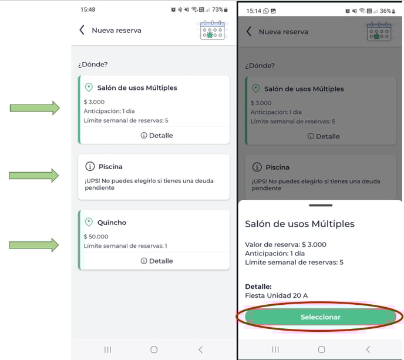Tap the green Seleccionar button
tap(320, 317)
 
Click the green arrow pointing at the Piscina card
tap(33, 176)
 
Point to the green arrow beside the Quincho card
tap(33, 245)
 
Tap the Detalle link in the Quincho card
tap(157, 261)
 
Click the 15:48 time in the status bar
tap(88, 9)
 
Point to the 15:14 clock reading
tap(254, 11)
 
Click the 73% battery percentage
tap(217, 9)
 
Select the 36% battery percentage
tap(385, 11)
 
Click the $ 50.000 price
tap(96, 237)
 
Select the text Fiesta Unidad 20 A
tap(276, 295)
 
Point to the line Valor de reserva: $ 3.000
tap(285, 244)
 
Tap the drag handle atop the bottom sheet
tap(321, 206)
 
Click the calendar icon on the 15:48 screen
tap(213, 30)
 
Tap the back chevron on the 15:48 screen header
tap(82, 30)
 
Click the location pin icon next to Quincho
tap(89, 222)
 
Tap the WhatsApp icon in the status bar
tap(266, 11)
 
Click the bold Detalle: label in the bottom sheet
tap(258, 287)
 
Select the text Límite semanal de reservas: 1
tap(125, 246)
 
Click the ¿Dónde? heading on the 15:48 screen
tap(93, 65)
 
